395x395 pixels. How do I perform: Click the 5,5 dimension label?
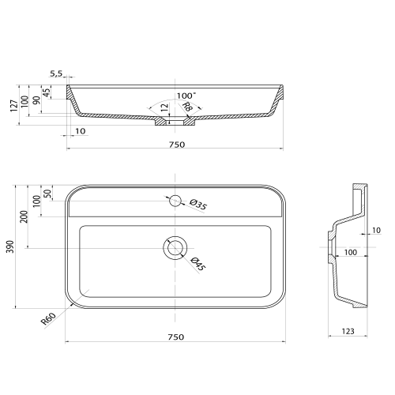[x=56, y=73]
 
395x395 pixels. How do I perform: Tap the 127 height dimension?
[x=14, y=106]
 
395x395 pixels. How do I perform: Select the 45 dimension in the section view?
[x=46, y=92]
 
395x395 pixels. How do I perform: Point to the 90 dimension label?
[x=36, y=100]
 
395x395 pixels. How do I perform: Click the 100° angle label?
[x=186, y=96]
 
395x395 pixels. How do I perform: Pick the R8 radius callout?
[x=188, y=107]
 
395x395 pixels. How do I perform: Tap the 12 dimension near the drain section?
[x=164, y=107]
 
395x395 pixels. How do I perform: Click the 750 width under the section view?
[x=177, y=145]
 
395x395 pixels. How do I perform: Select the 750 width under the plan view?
[x=176, y=337]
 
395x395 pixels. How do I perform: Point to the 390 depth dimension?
[x=10, y=246]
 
